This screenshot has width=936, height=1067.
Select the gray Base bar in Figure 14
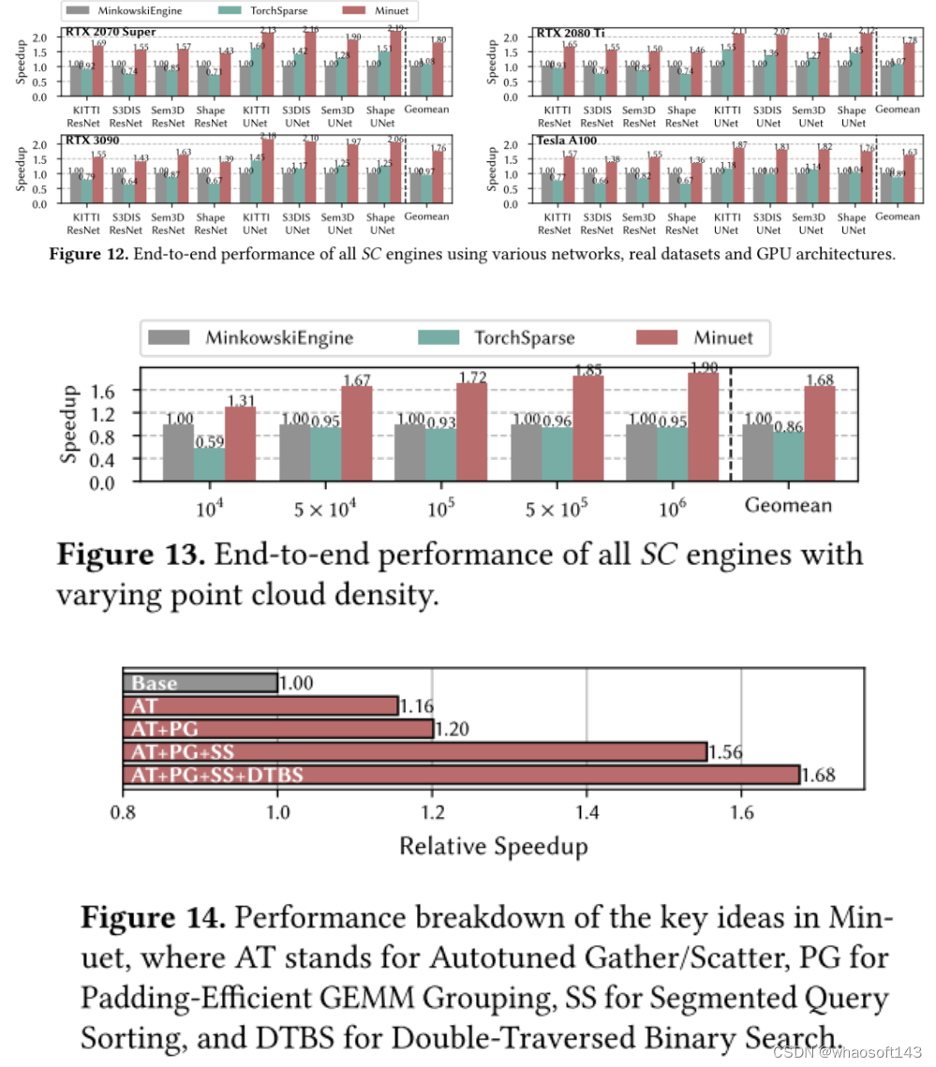tap(200, 683)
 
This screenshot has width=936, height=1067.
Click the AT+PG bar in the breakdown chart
tap(277, 729)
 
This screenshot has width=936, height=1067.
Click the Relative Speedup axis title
tap(494, 847)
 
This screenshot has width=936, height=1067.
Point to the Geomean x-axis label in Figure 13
tap(787, 506)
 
